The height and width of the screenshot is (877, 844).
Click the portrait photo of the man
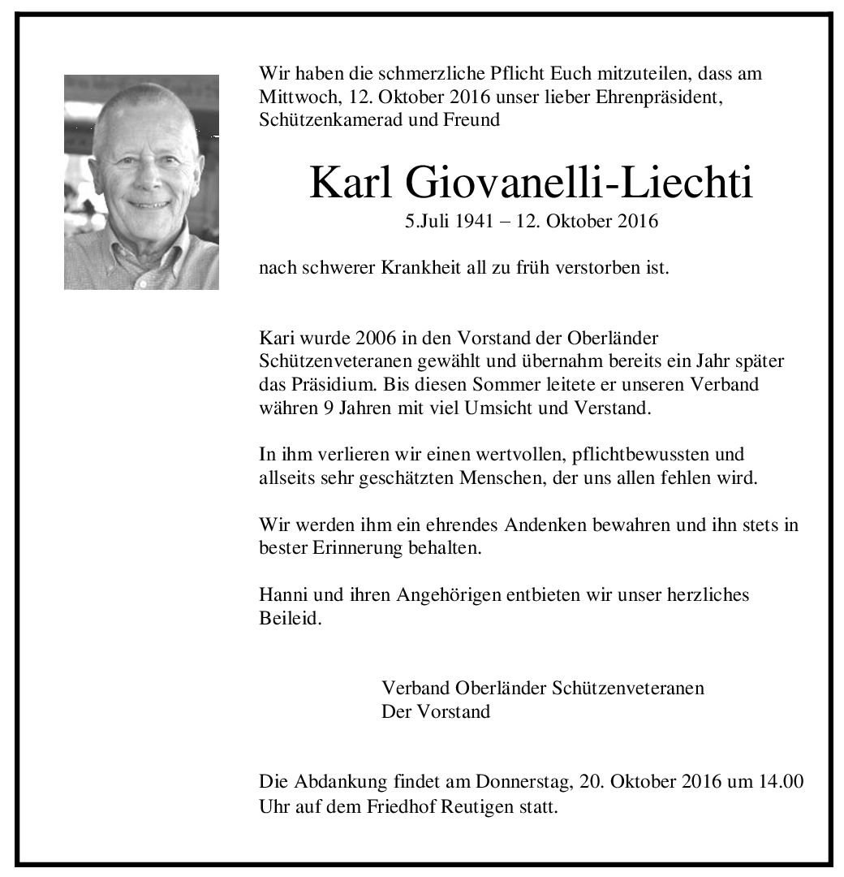point(141,182)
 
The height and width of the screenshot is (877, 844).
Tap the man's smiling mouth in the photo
point(149,204)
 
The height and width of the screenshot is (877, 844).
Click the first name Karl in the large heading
point(350,184)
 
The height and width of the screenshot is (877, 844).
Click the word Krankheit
point(423,267)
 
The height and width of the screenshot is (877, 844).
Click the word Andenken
point(545,525)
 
